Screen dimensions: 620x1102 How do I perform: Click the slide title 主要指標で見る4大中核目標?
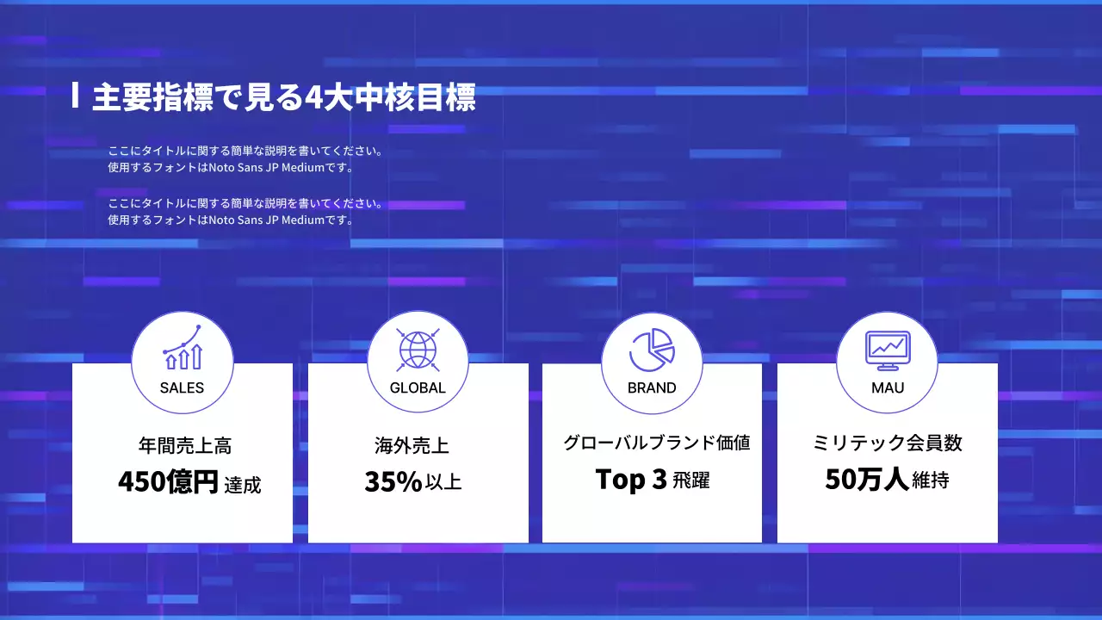pyautogui.click(x=283, y=97)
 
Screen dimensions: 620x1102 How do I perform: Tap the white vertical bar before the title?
pyautogui.click(x=76, y=96)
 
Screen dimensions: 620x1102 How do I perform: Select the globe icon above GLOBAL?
pyautogui.click(x=418, y=349)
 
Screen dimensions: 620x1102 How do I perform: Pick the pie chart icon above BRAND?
pyautogui.click(x=652, y=349)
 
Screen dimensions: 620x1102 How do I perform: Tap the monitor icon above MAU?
pyautogui.click(x=887, y=347)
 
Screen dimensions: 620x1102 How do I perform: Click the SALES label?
pyautogui.click(x=182, y=387)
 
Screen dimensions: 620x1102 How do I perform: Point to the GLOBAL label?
pyautogui.click(x=418, y=387)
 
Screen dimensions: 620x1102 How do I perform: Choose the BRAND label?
pyautogui.click(x=652, y=387)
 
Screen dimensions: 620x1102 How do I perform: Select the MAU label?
pyautogui.click(x=888, y=387)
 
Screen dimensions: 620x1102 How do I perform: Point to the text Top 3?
pyautogui.click(x=631, y=480)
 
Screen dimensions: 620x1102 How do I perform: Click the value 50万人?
pyautogui.click(x=866, y=479)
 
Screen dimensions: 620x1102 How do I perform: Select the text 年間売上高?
pyautogui.click(x=184, y=446)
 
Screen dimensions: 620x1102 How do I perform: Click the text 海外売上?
pyautogui.click(x=412, y=446)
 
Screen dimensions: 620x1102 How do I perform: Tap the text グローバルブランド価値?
pyautogui.click(x=656, y=443)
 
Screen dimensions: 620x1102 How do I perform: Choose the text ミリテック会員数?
pyautogui.click(x=888, y=443)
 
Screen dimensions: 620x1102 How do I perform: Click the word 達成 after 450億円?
pyautogui.click(x=242, y=485)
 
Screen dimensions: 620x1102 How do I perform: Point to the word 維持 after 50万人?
pyautogui.click(x=930, y=480)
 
